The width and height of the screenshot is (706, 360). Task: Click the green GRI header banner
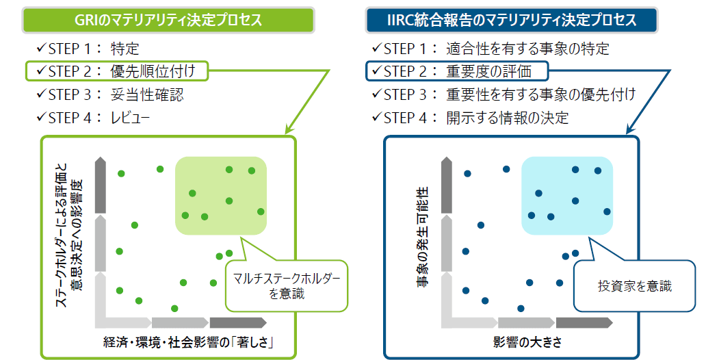(168, 21)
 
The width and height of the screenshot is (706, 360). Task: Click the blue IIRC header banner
(512, 21)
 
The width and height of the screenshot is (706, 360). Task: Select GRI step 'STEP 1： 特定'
(88, 49)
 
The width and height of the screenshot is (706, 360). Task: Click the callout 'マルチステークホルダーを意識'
(287, 285)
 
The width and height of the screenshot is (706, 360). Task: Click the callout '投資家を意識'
(634, 285)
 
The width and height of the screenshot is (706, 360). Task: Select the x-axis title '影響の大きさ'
(527, 342)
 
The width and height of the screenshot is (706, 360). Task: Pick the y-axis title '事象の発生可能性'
(422, 237)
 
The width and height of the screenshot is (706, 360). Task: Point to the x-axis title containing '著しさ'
(189, 342)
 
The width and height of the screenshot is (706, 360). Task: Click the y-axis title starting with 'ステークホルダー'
(69, 234)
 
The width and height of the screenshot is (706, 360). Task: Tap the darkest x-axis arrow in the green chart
(238, 322)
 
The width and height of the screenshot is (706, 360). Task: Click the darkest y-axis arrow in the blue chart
(446, 185)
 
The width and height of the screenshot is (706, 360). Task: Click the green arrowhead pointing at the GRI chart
(289, 129)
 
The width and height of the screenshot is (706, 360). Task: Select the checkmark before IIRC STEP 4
(377, 118)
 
